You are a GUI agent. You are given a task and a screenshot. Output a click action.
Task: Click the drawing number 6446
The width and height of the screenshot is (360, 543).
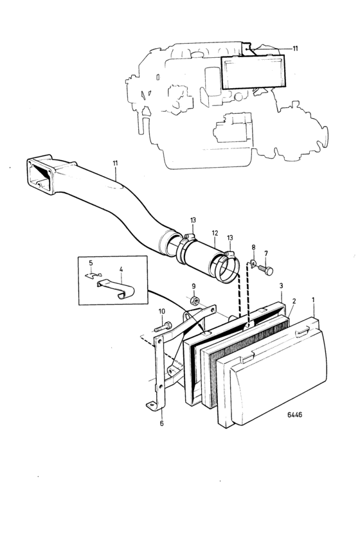[x=294, y=414]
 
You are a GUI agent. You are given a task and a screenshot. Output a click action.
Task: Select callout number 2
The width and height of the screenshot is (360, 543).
[x=294, y=301]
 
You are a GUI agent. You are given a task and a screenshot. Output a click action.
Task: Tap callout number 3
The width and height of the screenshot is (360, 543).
[x=281, y=286]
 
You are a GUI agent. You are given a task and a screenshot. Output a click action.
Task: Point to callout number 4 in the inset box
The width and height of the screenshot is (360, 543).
[x=121, y=269]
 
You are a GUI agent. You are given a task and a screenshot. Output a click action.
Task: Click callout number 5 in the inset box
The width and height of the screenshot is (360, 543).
[x=91, y=263]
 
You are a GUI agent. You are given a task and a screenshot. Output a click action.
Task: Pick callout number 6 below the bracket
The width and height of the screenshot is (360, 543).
[x=161, y=423]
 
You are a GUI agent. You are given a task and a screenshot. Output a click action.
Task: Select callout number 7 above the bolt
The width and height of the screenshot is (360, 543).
[x=265, y=253]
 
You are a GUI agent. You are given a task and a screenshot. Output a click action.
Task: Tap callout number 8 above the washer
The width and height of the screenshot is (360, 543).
[x=254, y=247]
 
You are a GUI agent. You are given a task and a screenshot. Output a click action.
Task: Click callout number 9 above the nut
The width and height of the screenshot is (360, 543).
[x=194, y=286]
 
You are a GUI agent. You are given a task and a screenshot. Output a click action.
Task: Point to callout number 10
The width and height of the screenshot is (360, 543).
[x=162, y=311]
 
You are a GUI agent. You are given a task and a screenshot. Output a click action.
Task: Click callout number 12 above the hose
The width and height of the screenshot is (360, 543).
[x=215, y=233]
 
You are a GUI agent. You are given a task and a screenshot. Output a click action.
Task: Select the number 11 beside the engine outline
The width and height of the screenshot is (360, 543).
[x=295, y=48]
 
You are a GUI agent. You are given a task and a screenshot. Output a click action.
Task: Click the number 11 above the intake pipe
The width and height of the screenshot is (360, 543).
[x=115, y=163]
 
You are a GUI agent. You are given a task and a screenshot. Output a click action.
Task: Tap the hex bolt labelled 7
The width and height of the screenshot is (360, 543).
[x=266, y=269]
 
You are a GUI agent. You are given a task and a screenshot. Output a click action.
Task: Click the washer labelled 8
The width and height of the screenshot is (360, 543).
[x=253, y=263]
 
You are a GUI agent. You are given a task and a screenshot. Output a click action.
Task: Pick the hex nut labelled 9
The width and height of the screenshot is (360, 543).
[x=194, y=301]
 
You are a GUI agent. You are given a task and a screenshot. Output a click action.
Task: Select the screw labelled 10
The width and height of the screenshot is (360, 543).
[x=163, y=326]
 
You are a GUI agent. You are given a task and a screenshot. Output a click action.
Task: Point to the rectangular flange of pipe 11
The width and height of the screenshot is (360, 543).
[x=41, y=175]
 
